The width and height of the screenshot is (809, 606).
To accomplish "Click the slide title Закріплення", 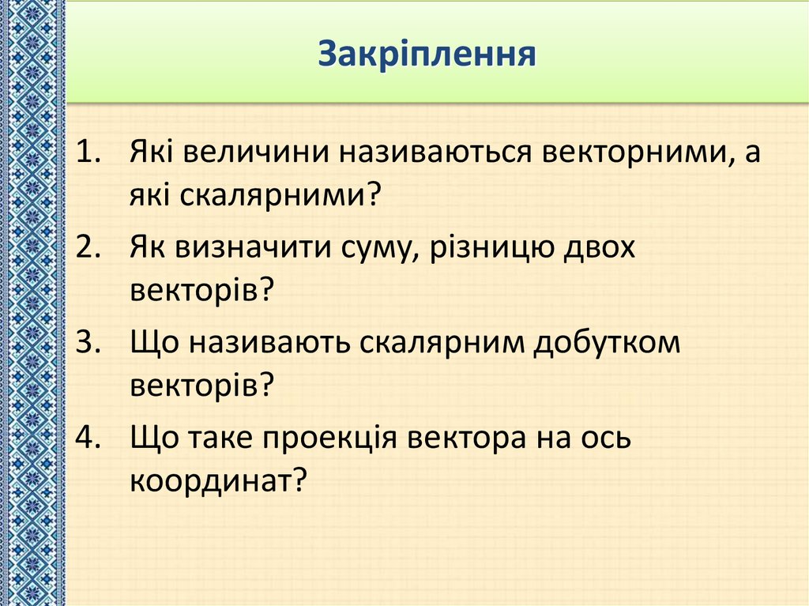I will point(427,56).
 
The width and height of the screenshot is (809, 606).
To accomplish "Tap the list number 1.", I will point(88,151).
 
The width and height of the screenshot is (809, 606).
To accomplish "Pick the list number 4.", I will point(88,439).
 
